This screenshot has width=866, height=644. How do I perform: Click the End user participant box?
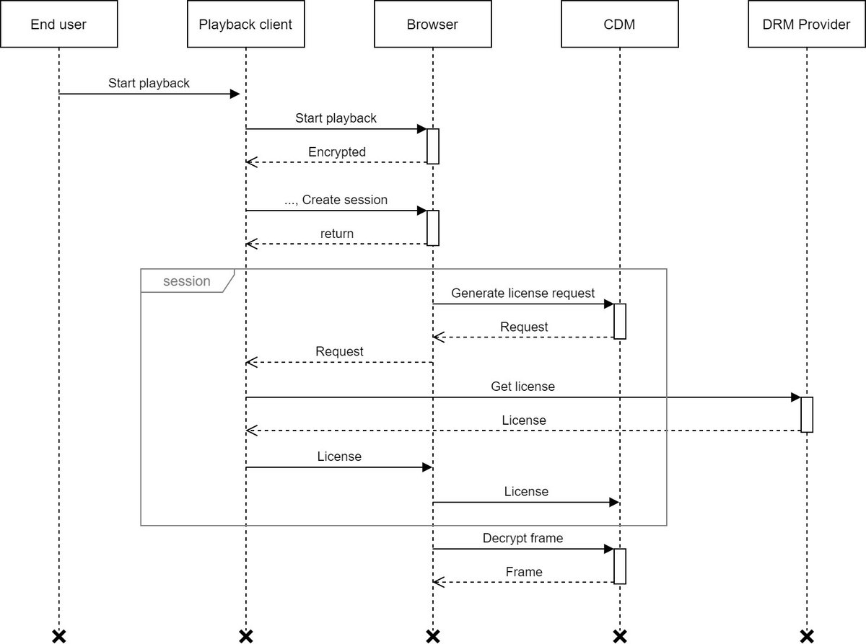[58, 25]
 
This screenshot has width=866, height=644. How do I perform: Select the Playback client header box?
[245, 25]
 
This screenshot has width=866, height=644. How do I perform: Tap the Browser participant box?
[432, 25]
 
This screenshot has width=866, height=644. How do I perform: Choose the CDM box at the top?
[619, 25]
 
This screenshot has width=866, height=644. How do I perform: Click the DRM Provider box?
[806, 25]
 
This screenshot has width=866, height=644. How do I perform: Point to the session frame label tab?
[187, 281]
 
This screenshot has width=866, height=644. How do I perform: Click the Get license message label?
[523, 387]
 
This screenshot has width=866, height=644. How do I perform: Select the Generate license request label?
[523, 294]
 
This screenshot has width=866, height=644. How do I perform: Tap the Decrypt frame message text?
[523, 538]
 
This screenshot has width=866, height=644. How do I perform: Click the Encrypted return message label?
[337, 152]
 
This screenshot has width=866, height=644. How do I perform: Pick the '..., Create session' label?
[336, 200]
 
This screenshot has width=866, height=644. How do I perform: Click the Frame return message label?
[524, 572]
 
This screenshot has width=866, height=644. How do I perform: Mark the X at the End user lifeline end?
[59, 635]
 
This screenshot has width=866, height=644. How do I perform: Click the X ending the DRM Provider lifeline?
[807, 635]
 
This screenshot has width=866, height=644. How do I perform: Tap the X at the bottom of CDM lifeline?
[619, 635]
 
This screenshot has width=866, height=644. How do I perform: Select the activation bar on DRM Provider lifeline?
[807, 414]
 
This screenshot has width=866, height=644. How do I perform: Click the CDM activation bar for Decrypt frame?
[619, 566]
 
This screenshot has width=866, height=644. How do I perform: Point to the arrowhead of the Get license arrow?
[795, 397]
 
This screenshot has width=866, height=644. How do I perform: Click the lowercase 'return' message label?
[337, 234]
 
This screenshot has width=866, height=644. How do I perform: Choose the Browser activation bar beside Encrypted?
[432, 146]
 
